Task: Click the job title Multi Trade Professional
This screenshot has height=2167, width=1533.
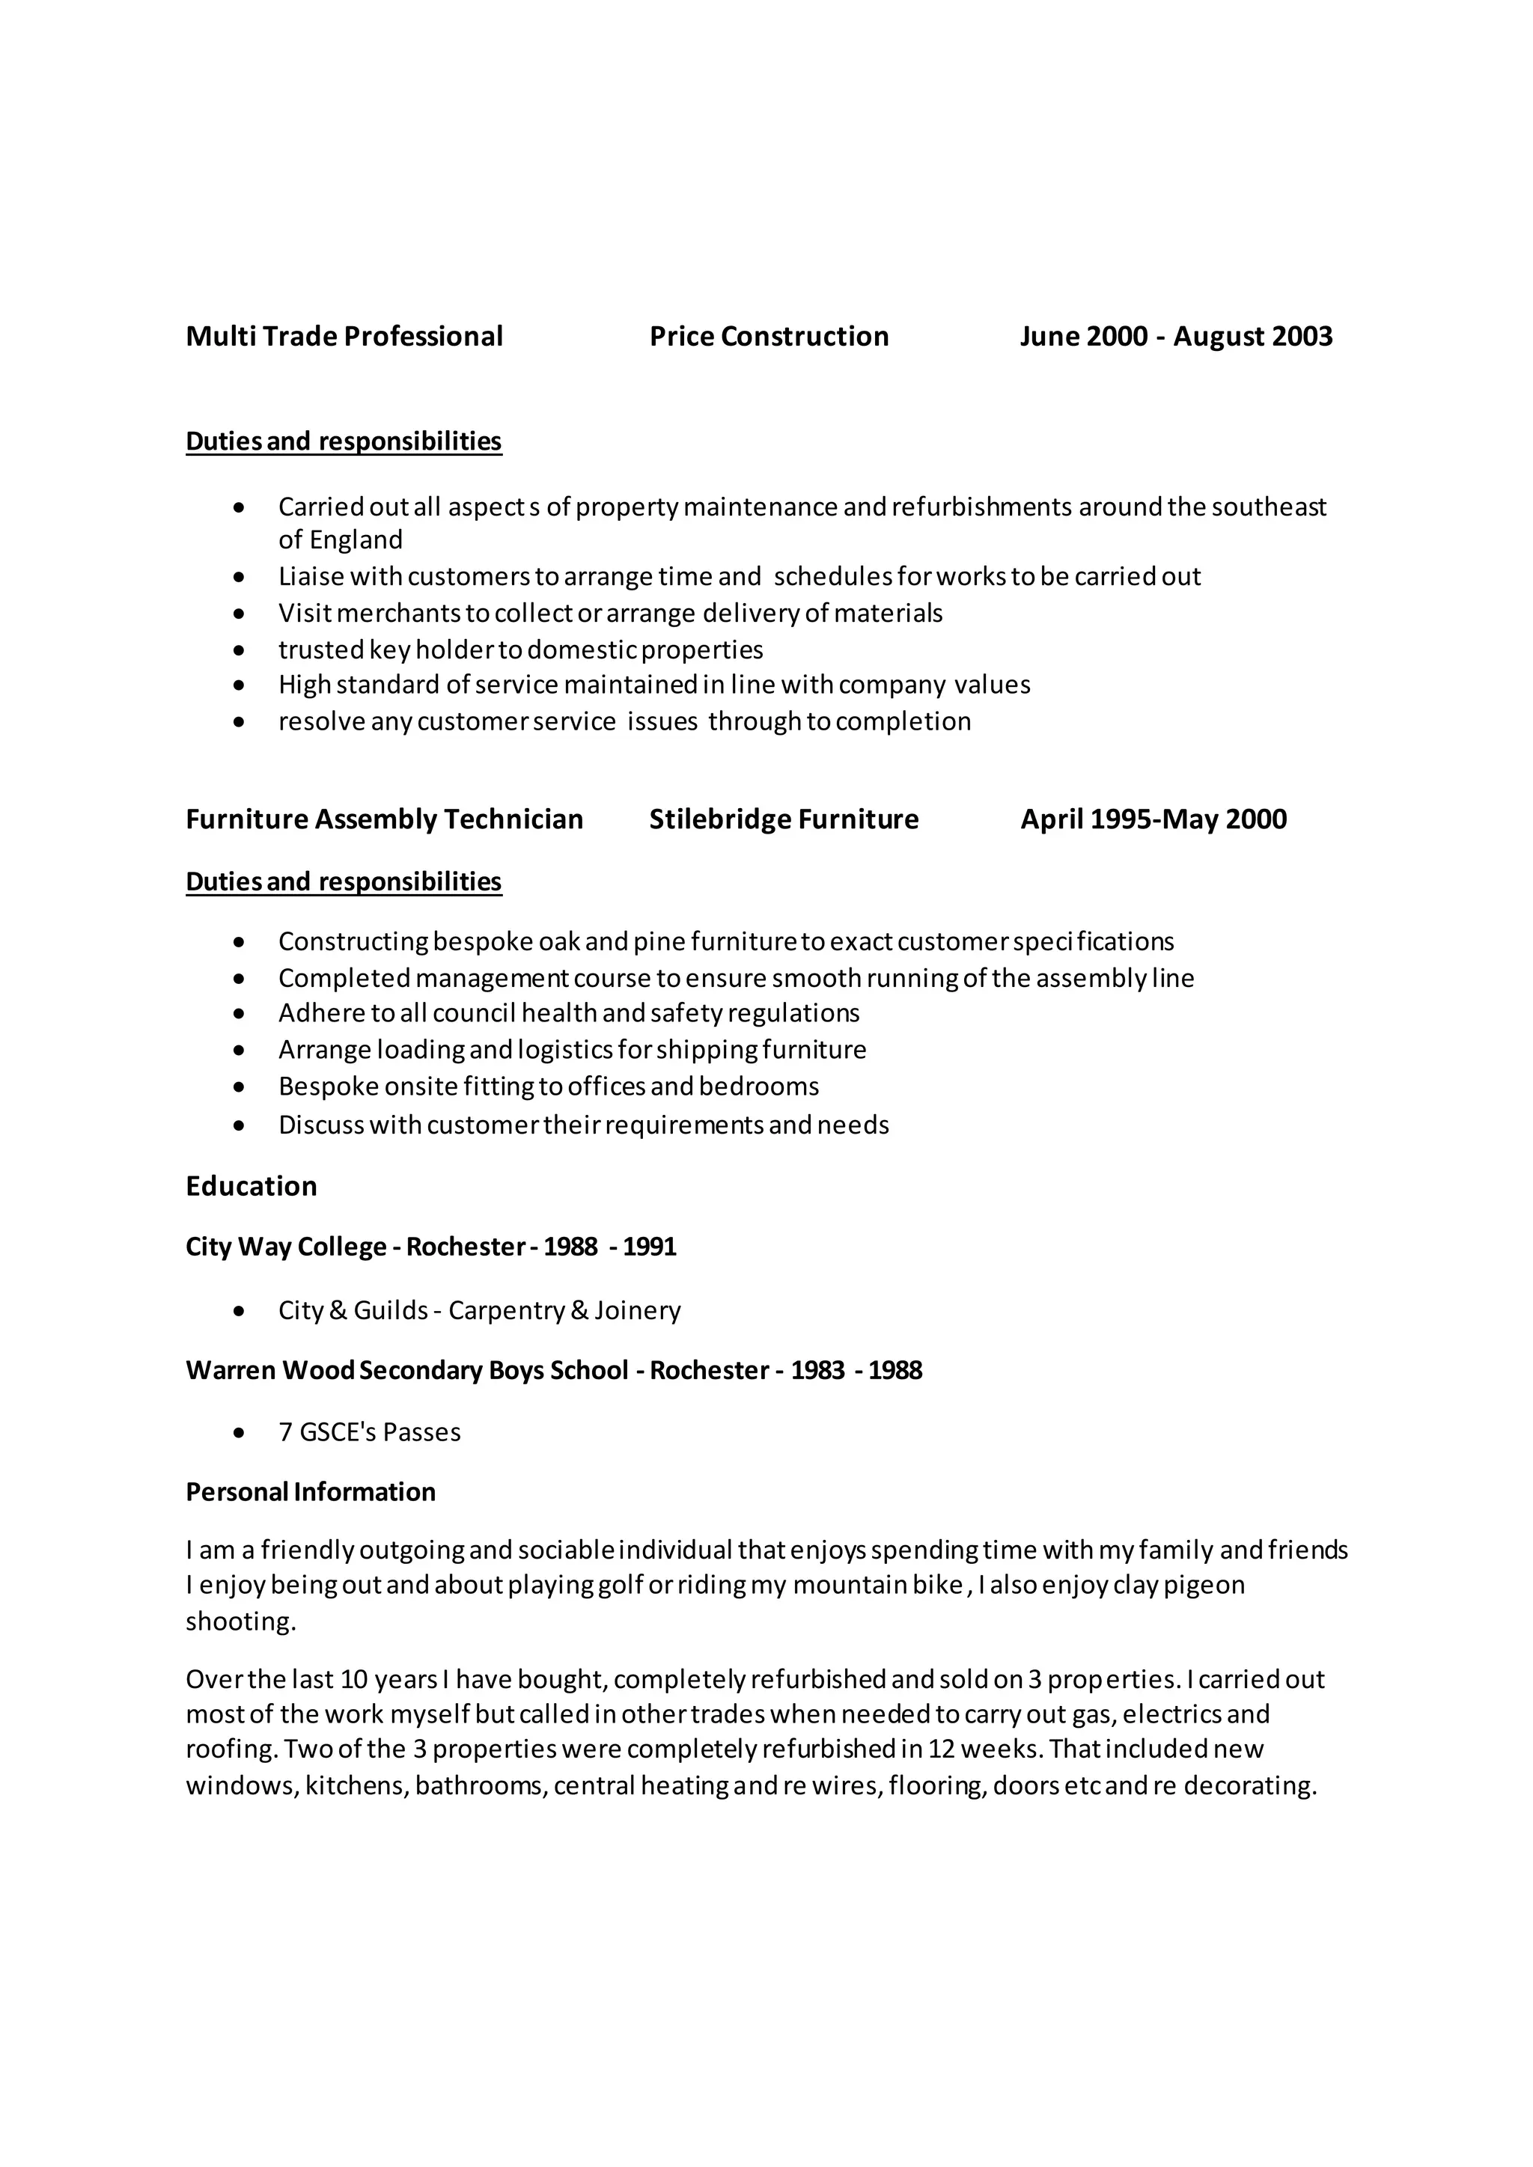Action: [x=344, y=337]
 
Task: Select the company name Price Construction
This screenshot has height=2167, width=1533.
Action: [x=769, y=337]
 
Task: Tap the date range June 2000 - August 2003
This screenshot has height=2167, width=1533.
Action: [x=1175, y=337]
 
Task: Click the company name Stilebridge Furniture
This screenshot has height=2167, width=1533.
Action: [x=784, y=819]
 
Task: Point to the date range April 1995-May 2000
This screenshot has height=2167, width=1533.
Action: [x=1153, y=819]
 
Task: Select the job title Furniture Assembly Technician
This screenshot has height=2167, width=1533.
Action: [x=384, y=819]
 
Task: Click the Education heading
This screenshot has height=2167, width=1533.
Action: [x=251, y=1186]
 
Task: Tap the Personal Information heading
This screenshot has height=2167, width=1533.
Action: [x=311, y=1491]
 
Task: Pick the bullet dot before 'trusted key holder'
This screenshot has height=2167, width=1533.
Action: [x=240, y=650]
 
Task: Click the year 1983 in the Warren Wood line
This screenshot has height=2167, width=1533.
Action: [x=817, y=1370]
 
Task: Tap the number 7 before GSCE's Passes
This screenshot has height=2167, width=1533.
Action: [x=285, y=1433]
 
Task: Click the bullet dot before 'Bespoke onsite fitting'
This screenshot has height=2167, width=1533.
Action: [x=240, y=1087]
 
